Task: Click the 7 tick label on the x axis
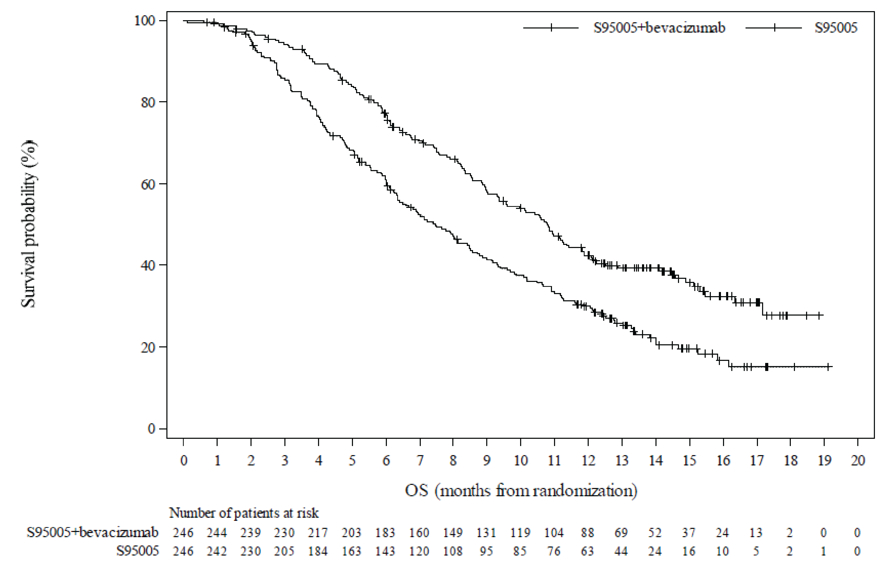pos(420,461)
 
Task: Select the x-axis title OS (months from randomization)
pos(521,491)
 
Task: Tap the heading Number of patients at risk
pos(244,513)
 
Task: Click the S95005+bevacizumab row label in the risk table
pos(92,532)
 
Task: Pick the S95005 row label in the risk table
pos(137,551)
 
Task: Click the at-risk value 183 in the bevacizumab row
pos(385,532)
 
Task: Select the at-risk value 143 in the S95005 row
pos(385,551)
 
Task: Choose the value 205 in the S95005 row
pos(284,551)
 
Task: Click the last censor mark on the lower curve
pos(828,367)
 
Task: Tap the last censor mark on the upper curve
pos(819,315)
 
